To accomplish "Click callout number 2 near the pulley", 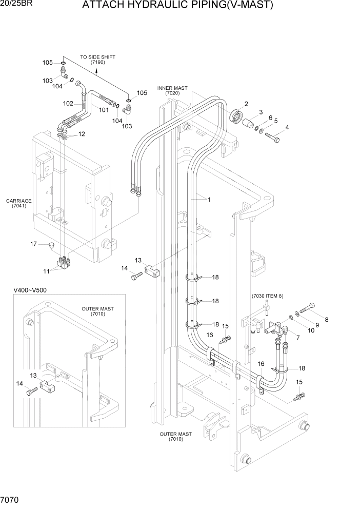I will (x=246, y=104).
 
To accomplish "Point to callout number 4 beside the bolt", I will (x=287, y=127).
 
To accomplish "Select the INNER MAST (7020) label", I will (x=175, y=91).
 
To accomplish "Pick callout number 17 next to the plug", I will (x=34, y=244).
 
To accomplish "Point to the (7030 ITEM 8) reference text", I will (x=267, y=297).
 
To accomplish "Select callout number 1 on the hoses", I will (x=209, y=199).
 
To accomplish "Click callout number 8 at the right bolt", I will (x=326, y=320).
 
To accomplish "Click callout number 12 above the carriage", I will (x=81, y=134).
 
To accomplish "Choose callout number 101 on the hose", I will (x=104, y=110).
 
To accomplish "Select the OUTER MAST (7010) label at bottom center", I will (x=175, y=437).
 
